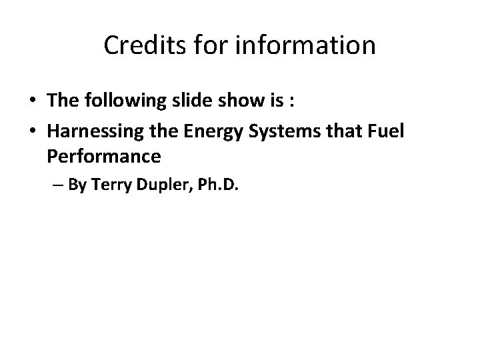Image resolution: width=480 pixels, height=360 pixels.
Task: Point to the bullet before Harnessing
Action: [32, 132]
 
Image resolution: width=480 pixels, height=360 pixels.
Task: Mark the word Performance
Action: [104, 157]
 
